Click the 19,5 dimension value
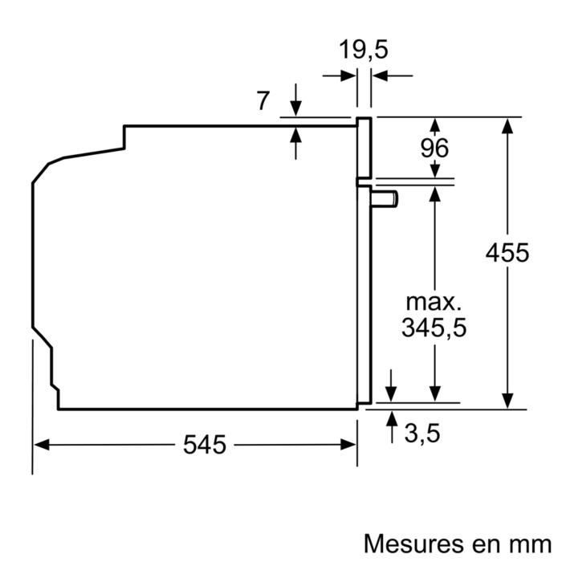[364, 50]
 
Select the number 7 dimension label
[263, 101]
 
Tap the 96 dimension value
[434, 148]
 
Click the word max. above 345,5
[434, 303]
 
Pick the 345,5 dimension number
[434, 328]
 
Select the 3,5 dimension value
[422, 434]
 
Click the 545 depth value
[205, 445]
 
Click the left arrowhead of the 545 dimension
[39, 444]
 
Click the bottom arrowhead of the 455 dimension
[507, 401]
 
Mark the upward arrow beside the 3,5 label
[392, 418]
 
